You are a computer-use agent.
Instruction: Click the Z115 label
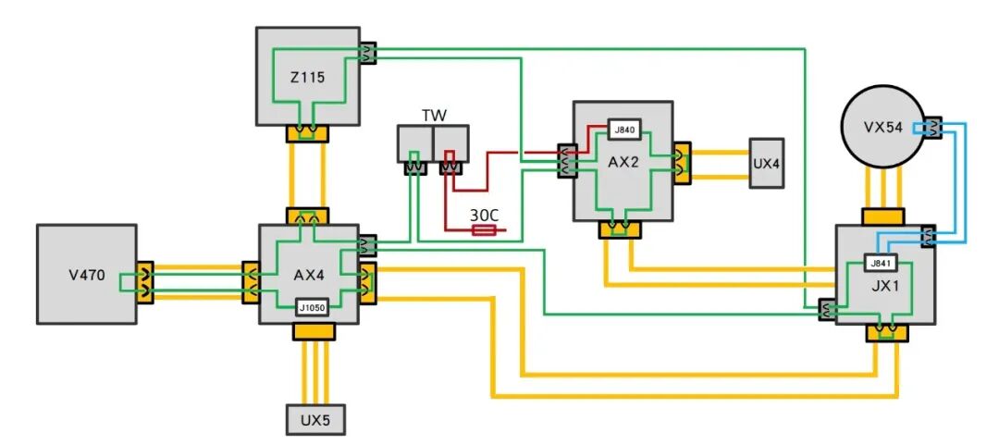tap(307, 79)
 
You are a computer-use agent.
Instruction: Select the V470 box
tap(86, 274)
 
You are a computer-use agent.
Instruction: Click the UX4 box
tap(767, 164)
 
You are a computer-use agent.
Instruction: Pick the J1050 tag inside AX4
tap(312, 307)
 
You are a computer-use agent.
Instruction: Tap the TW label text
tap(434, 116)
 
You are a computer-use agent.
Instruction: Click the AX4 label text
tap(310, 275)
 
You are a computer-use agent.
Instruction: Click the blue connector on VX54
tap(930, 128)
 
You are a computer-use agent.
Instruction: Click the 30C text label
tap(484, 214)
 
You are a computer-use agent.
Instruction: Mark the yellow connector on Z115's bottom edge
tap(307, 133)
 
